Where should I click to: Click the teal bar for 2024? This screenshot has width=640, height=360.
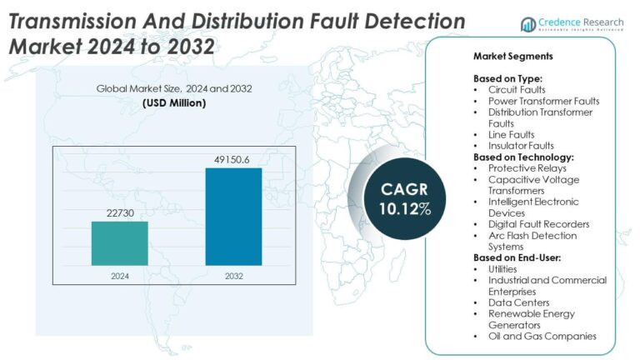coord(120,243)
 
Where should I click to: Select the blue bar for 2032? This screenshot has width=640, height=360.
coord(234,217)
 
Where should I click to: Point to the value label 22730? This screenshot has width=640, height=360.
coord(120,213)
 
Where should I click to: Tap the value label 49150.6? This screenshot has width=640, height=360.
coord(234,159)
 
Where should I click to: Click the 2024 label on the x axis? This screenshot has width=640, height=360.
coord(120,274)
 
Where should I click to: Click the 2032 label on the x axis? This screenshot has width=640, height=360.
coord(234,274)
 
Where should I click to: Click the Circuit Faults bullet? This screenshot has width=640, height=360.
coord(516,89)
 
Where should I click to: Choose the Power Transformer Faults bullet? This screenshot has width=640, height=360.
coord(543,101)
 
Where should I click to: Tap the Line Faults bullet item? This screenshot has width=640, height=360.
coord(511,134)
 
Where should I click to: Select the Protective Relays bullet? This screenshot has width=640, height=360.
coord(524,167)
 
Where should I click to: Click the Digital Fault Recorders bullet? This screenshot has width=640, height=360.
coord(538,224)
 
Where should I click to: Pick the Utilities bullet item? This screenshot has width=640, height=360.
coord(503,269)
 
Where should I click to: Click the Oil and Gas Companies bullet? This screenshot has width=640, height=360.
coord(542,336)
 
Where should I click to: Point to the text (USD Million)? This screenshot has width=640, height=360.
coord(175,102)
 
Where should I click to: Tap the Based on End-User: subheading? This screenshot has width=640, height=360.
coord(519,258)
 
